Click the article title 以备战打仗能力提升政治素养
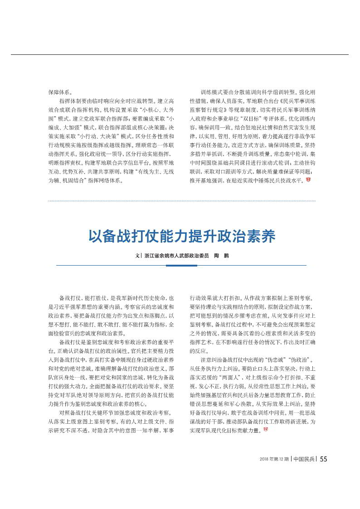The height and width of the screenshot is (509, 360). tap(181, 236)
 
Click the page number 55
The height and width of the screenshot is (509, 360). tap(323, 459)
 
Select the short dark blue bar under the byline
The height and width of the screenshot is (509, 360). tap(181, 265)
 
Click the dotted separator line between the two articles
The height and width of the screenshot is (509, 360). tap(181, 201)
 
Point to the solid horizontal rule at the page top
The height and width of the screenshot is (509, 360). tap(181, 55)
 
